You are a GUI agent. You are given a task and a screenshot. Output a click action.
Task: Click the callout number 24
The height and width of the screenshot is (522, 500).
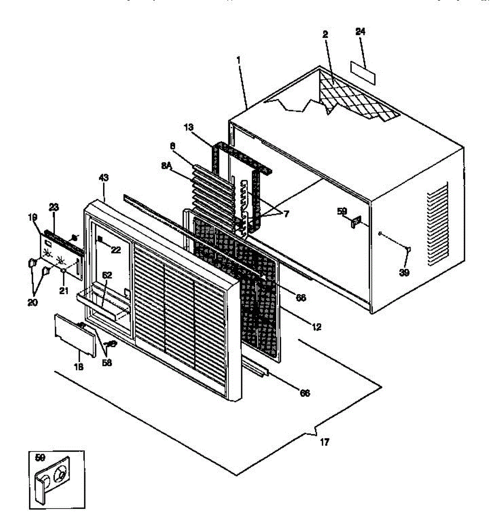pyautogui.click(x=360, y=32)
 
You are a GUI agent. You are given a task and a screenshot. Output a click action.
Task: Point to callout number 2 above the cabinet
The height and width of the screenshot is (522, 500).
pyautogui.click(x=325, y=35)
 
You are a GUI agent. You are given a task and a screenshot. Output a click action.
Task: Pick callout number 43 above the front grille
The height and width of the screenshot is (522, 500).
pyautogui.click(x=104, y=177)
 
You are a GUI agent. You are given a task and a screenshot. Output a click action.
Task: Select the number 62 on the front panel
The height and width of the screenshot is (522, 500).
pyautogui.click(x=107, y=275)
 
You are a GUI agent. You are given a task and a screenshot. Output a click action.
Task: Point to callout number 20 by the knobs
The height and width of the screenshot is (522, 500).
pyautogui.click(x=32, y=302)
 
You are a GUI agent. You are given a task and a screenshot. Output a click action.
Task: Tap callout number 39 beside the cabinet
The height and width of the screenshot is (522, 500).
pyautogui.click(x=405, y=272)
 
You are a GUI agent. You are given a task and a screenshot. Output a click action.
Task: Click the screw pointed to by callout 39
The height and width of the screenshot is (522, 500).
pyautogui.click(x=408, y=249)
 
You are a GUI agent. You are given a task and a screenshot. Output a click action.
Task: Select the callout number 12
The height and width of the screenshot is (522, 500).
pyautogui.click(x=317, y=327)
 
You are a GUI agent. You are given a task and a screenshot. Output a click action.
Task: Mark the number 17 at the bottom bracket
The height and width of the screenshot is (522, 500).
pyautogui.click(x=324, y=442)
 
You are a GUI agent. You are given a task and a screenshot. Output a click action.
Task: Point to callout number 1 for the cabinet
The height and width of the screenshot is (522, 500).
pyautogui.click(x=239, y=60)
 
